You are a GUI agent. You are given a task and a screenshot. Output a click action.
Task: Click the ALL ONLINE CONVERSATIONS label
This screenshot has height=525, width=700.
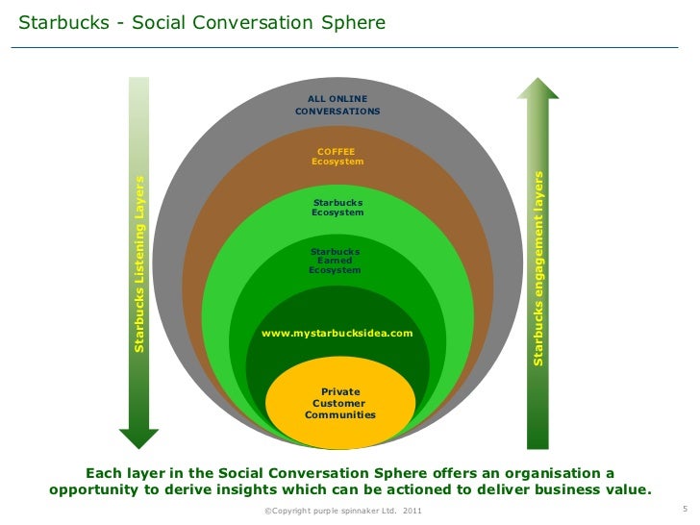(x=337, y=105)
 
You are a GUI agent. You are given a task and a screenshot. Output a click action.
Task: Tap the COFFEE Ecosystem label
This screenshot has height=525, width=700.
(x=337, y=157)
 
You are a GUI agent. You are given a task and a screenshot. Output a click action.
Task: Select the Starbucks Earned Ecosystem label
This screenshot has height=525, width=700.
(x=335, y=261)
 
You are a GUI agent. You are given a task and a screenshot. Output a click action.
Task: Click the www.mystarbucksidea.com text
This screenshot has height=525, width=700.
(x=337, y=334)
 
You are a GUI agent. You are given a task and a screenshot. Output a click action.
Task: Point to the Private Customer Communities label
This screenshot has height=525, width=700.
(x=340, y=403)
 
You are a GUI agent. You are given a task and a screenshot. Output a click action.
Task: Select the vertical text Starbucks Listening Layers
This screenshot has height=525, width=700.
(x=139, y=263)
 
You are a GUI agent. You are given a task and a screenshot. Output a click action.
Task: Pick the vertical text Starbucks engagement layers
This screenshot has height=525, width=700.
(x=538, y=267)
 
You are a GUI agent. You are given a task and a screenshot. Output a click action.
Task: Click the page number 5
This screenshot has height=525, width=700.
(x=684, y=509)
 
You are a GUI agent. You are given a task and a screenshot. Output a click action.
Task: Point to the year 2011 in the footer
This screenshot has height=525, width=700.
(x=412, y=511)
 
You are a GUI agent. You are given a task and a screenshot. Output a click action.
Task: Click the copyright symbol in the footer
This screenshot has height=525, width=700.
(x=266, y=511)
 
